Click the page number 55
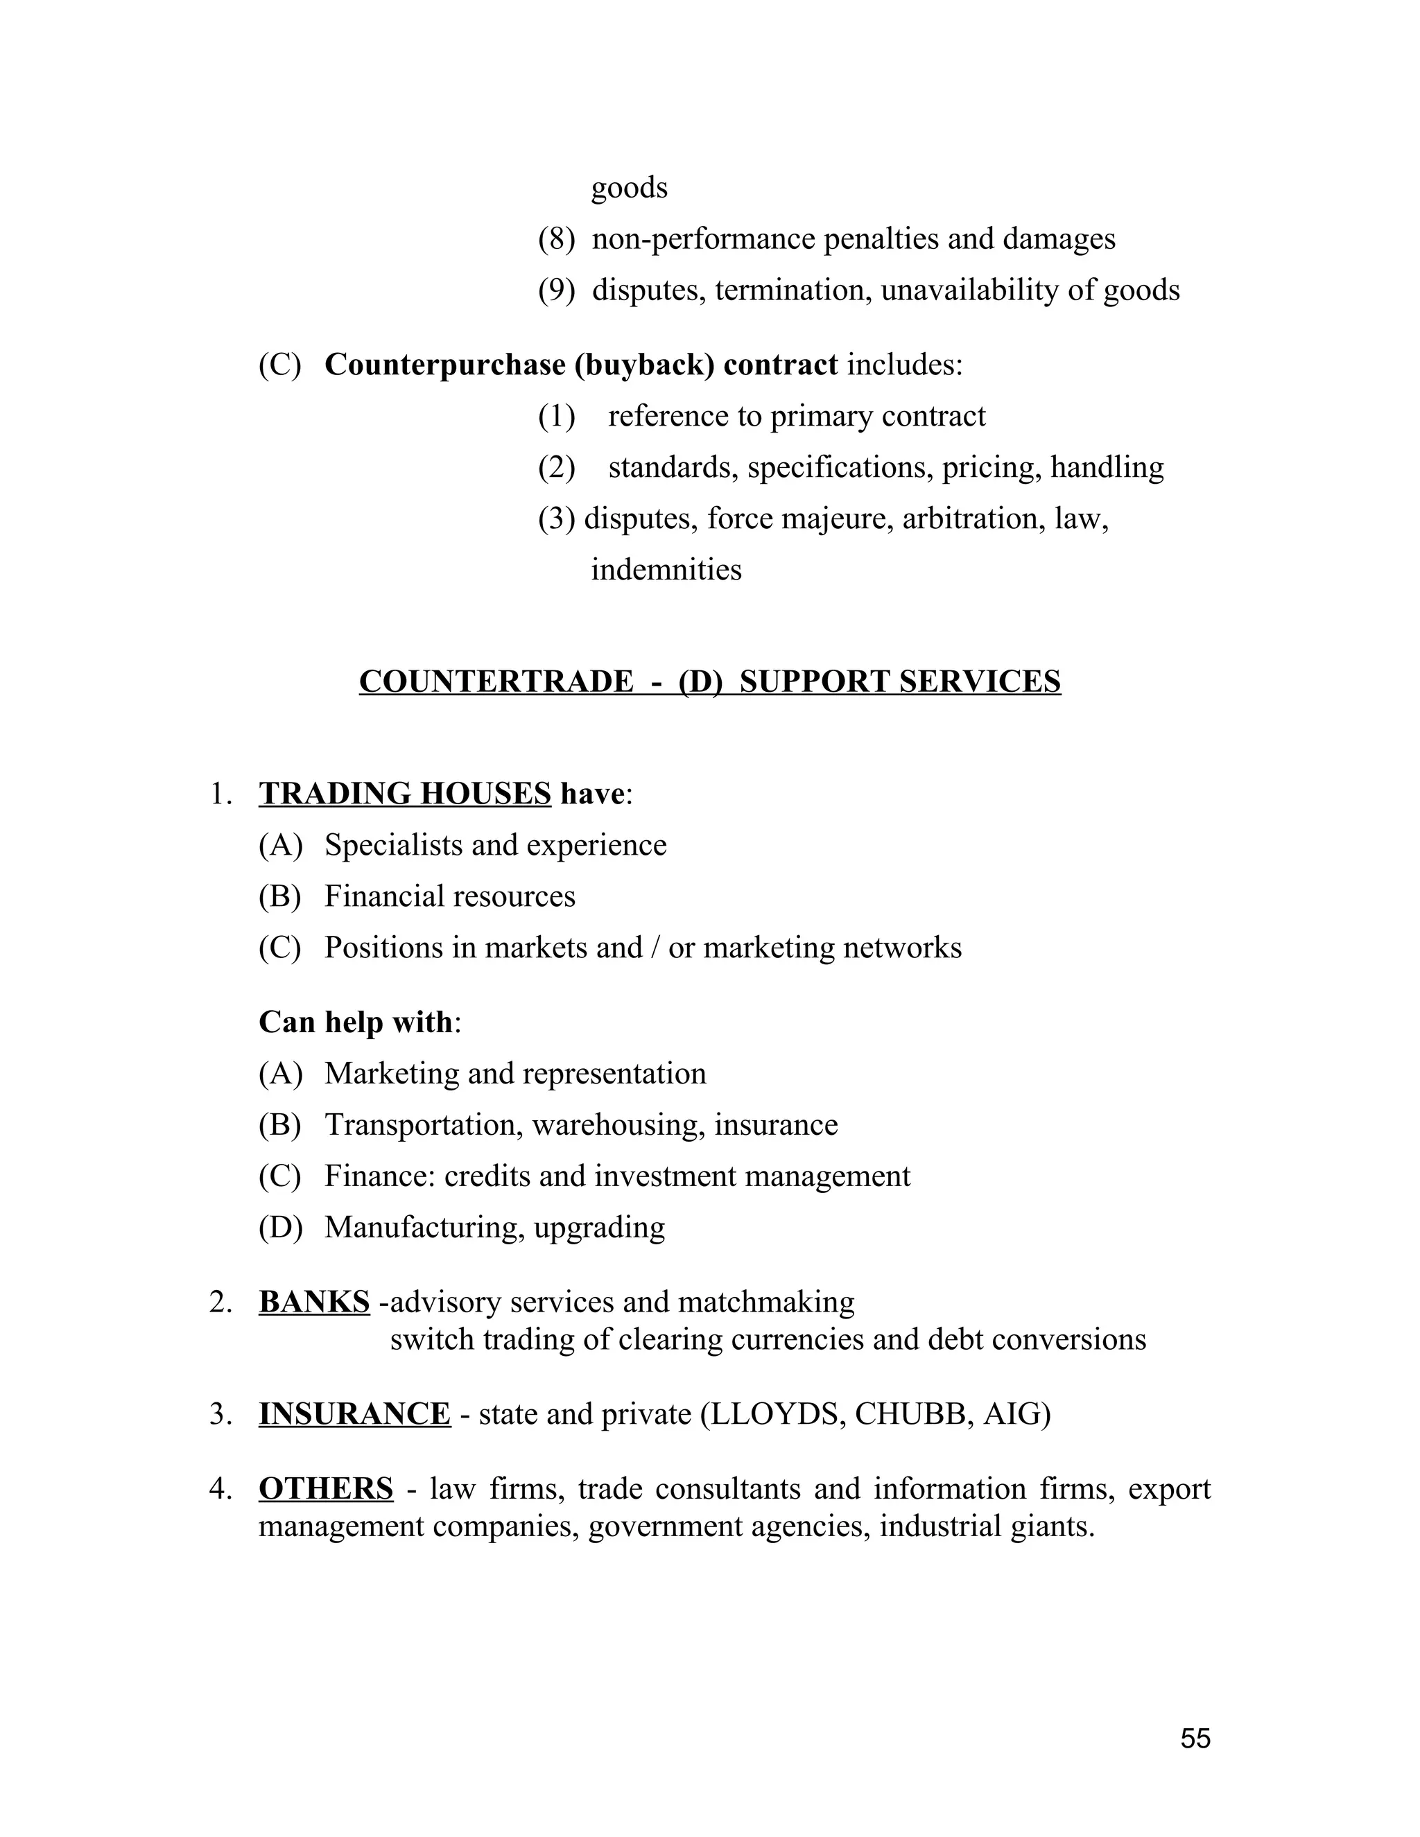pyautogui.click(x=1195, y=1738)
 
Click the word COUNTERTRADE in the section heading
pyautogui.click(x=496, y=681)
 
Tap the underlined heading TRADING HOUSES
pyautogui.click(x=405, y=793)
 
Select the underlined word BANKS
pyautogui.click(x=314, y=1301)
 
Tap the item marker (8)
pyautogui.click(x=556, y=239)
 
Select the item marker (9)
pyautogui.click(x=556, y=290)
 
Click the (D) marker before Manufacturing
pyautogui.click(x=280, y=1227)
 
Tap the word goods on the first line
pyautogui.click(x=630, y=188)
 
